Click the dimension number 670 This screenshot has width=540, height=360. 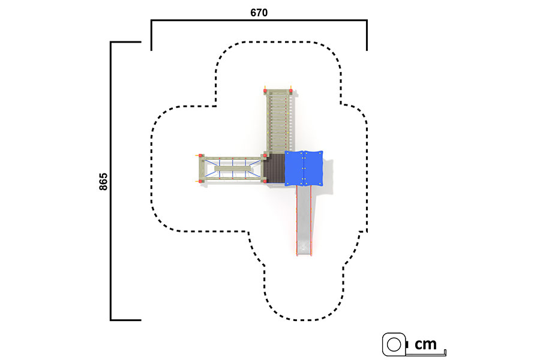coord(259,13)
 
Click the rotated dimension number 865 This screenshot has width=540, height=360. coord(103,182)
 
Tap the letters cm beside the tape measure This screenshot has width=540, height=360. coord(425,344)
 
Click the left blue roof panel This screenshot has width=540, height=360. coord(294,169)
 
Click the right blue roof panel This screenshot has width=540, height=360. coord(313,169)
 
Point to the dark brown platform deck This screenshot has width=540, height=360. coord(274,169)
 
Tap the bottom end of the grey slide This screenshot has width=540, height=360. coord(304,254)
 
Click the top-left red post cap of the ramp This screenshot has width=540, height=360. coord(266,91)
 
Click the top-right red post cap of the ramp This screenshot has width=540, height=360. coord(291,91)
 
